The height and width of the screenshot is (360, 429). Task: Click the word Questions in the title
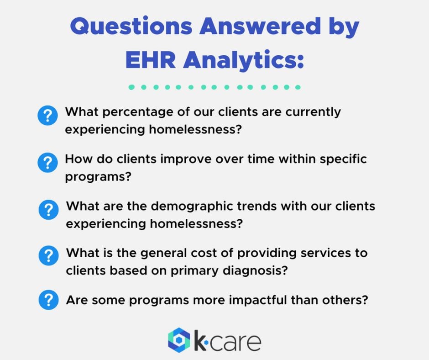(131, 26)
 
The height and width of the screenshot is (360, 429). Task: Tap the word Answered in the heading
(260, 26)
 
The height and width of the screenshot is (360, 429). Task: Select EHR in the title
(151, 60)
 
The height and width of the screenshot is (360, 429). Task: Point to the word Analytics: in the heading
(244, 60)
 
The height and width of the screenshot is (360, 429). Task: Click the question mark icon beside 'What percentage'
(47, 115)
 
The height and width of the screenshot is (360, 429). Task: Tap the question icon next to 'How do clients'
(47, 163)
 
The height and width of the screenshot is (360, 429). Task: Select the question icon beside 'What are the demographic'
(49, 210)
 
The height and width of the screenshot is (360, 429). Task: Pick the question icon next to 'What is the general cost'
(49, 255)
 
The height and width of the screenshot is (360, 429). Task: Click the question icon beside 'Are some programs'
(49, 300)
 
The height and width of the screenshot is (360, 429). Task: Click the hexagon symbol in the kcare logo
(179, 340)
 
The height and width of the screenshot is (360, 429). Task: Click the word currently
(313, 112)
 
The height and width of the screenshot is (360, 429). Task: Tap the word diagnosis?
(255, 271)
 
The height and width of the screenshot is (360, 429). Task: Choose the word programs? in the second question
(98, 177)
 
